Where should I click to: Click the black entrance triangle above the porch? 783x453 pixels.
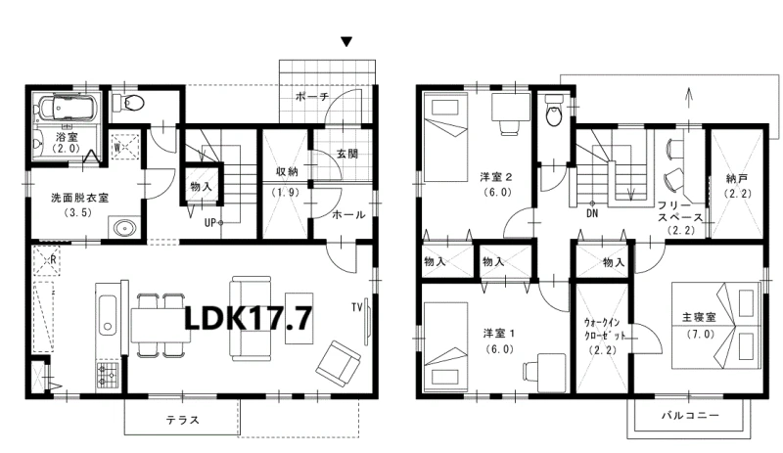click(346, 41)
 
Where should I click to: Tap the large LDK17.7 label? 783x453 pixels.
click(249, 318)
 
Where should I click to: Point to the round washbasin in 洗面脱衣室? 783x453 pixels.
click(124, 229)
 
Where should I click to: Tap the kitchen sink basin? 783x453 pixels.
click(108, 314)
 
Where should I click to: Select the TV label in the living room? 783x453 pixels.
click(356, 307)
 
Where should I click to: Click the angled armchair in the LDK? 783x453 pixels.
click(338, 364)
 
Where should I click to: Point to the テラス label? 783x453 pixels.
click(183, 420)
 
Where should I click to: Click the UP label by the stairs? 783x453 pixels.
click(210, 223)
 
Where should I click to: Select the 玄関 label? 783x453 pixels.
click(347, 154)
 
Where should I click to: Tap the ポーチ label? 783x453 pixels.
click(311, 97)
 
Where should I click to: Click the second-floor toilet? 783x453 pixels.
click(554, 112)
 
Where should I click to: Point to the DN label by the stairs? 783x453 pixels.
click(592, 213)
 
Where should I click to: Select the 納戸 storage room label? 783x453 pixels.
click(737, 178)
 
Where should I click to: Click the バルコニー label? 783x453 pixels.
click(690, 415)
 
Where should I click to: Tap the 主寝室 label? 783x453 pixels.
click(699, 317)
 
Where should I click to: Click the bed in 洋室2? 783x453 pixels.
click(445, 138)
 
